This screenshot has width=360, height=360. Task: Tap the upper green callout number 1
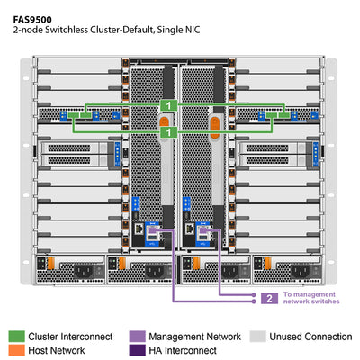coord(167,106)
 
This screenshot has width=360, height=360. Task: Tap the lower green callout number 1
coord(167,131)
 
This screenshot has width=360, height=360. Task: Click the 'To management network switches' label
coord(311,298)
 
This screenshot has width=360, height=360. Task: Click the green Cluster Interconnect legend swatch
coord(17,336)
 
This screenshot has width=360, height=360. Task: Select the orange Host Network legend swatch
coord(17,351)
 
